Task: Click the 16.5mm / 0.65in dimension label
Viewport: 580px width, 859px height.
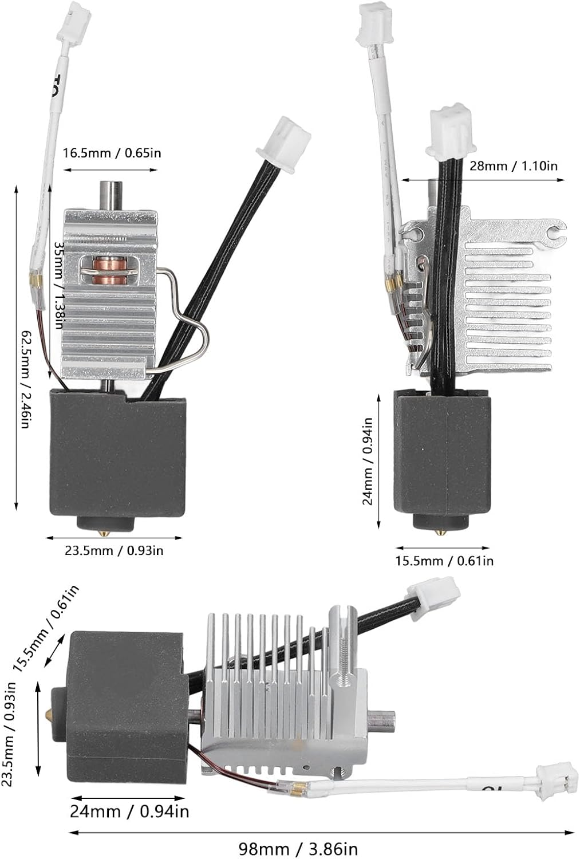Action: point(112,153)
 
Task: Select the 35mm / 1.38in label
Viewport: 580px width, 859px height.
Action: point(58,285)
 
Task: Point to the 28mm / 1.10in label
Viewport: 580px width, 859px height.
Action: point(513,166)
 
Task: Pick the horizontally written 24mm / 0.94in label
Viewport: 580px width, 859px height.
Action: point(129,811)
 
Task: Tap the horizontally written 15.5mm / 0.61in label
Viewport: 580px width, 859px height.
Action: point(444,561)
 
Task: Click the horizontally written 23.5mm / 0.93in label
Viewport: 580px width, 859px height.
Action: point(114,551)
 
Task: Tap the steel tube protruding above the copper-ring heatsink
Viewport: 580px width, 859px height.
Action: point(109,195)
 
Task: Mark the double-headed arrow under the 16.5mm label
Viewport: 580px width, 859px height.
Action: point(110,170)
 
